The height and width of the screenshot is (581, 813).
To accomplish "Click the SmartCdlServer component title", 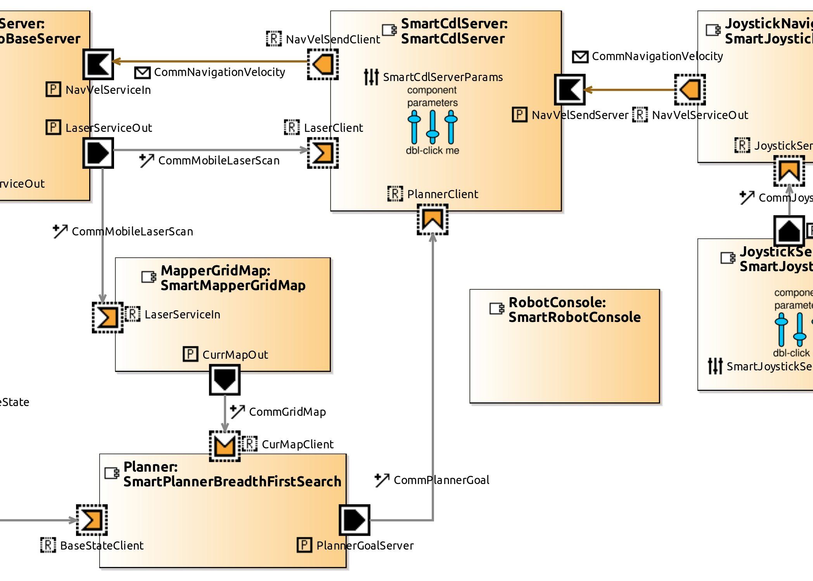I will tap(454, 31).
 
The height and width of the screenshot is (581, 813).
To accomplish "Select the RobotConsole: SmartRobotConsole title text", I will tap(574, 310).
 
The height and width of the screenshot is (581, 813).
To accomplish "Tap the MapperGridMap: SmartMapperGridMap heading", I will tap(233, 278).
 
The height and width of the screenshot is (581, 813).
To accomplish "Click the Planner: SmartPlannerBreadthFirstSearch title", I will tap(232, 474).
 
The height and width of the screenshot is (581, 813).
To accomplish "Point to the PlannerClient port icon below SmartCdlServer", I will tap(432, 220).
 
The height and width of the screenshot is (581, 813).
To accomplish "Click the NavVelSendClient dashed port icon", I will tap(323, 64).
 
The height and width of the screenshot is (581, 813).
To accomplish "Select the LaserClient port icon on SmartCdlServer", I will tap(323, 153).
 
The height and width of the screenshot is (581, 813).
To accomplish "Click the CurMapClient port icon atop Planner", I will tap(225, 446).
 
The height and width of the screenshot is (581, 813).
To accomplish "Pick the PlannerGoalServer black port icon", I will tap(355, 520).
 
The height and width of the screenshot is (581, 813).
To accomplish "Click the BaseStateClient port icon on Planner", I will tap(92, 520).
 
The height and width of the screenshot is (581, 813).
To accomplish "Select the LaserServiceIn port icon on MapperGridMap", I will tap(107, 317).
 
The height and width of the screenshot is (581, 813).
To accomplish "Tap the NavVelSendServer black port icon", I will tap(569, 90).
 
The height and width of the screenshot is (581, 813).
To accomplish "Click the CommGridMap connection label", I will tap(287, 412).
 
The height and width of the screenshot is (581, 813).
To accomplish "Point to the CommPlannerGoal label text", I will tap(441, 480).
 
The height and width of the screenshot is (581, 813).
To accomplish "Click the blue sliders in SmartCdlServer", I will tap(432, 127).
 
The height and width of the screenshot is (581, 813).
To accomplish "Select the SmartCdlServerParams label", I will tap(443, 77).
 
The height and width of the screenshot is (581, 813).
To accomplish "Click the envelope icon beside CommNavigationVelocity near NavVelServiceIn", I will tap(142, 73).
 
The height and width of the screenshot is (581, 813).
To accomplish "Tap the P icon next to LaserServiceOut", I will tap(53, 127).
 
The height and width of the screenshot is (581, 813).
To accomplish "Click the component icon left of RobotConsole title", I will tap(497, 309).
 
